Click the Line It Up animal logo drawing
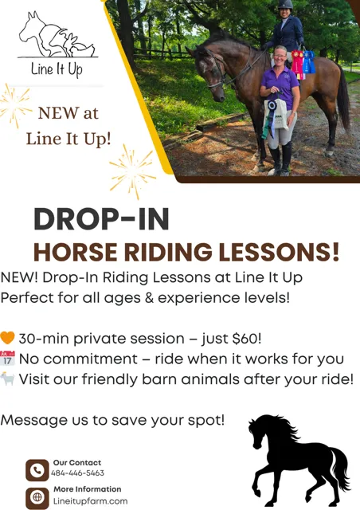point(57,35)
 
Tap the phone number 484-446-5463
point(77,473)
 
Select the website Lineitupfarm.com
point(91,501)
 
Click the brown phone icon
point(37,470)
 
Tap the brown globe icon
point(37,497)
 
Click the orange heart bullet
point(7,338)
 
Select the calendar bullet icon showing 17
point(7,358)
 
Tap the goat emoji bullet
point(7,379)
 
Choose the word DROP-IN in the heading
point(101,219)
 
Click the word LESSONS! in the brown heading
point(279,252)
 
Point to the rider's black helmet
point(285,4)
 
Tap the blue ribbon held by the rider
point(308,62)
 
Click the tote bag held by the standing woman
point(275,115)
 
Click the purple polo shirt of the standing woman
point(280,85)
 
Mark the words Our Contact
point(77,462)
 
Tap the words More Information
point(87,489)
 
